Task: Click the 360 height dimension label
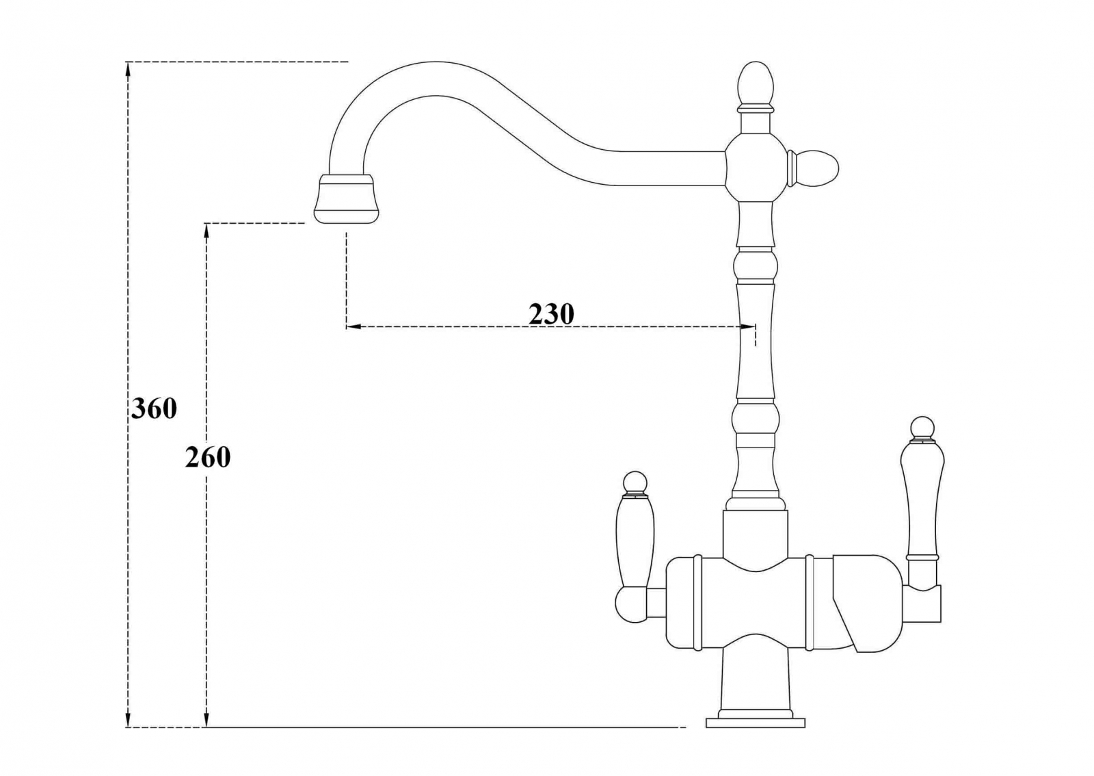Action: click(x=154, y=409)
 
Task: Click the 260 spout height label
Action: click(x=208, y=458)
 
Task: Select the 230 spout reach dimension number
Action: click(x=551, y=313)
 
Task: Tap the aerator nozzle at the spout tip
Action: click(x=346, y=198)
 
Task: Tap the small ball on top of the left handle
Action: click(x=635, y=483)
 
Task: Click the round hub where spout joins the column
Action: click(x=755, y=168)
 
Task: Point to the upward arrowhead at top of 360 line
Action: click(x=128, y=71)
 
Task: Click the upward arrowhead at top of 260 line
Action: click(x=206, y=233)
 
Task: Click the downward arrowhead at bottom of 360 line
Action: click(x=128, y=732)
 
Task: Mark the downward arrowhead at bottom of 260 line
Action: click(x=206, y=732)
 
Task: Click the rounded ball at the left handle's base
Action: click(x=632, y=605)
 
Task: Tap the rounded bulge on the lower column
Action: click(x=755, y=419)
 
